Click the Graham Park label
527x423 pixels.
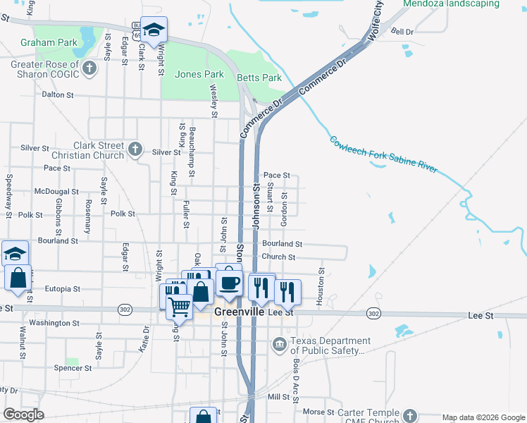(x=49, y=42)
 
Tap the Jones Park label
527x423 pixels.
(x=199, y=74)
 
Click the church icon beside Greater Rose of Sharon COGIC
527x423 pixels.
(x=89, y=68)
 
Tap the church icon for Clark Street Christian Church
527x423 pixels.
(x=136, y=149)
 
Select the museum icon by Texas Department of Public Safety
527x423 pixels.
(x=280, y=344)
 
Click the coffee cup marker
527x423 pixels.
(x=228, y=283)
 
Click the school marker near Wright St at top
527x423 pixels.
(x=154, y=30)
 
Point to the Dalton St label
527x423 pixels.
(x=58, y=94)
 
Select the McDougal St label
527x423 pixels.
(x=56, y=192)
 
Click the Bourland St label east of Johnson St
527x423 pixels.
(x=282, y=244)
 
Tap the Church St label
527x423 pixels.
(x=278, y=257)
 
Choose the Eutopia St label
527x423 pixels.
(x=63, y=289)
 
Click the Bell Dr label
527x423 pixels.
(x=402, y=32)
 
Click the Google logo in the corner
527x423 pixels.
(x=23, y=415)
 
